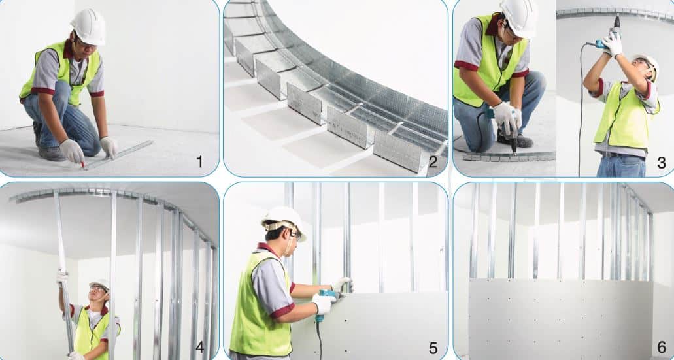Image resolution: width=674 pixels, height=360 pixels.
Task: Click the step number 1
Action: pos(199,162)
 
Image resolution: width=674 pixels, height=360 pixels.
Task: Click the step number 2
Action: pos(433,162)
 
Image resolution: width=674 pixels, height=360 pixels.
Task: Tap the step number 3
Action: pos(662,163)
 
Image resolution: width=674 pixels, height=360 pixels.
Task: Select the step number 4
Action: pos(199,347)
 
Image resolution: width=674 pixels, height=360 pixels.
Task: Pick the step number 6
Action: pos(662,347)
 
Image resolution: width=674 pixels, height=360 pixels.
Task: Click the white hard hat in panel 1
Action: pos(88,26)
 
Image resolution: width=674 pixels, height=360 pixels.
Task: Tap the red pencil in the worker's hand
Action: pos(82,164)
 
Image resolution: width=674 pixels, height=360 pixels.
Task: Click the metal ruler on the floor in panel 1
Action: pos(118,154)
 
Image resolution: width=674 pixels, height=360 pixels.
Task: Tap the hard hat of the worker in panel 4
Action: pos(101,284)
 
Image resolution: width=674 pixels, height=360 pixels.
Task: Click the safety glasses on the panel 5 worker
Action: pos(295,235)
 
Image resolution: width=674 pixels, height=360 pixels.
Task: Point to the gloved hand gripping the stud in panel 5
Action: pos(343,284)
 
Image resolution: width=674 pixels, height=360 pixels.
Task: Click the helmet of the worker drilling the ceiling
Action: pos(647,64)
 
